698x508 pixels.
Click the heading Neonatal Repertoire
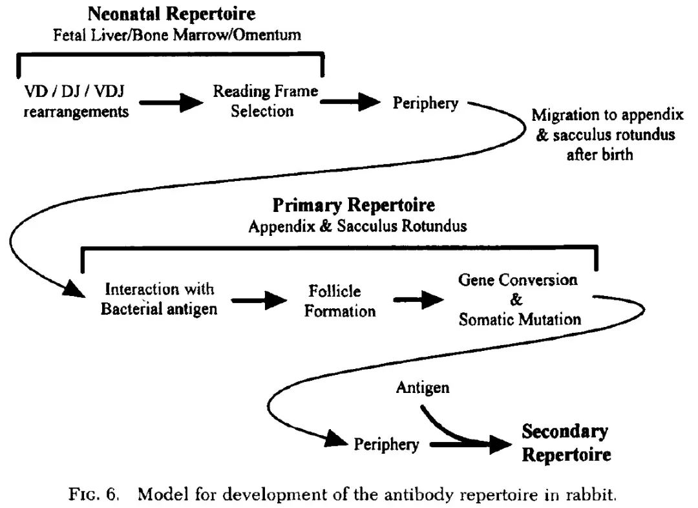pos(171,14)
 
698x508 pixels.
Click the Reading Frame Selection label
pos(266,101)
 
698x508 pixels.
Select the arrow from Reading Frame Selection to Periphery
pos(351,101)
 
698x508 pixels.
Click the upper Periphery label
pos(426,103)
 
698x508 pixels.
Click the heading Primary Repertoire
pos(354,206)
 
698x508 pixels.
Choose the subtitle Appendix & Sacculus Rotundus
pos(357,226)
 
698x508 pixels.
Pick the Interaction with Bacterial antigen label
pos(159,299)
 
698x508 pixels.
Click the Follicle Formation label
pos(340,301)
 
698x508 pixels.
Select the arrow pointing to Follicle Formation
pos(259,300)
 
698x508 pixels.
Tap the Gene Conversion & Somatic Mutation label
pos(519,300)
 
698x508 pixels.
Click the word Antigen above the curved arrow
pos(423,388)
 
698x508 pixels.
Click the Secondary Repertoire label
pos(566,443)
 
